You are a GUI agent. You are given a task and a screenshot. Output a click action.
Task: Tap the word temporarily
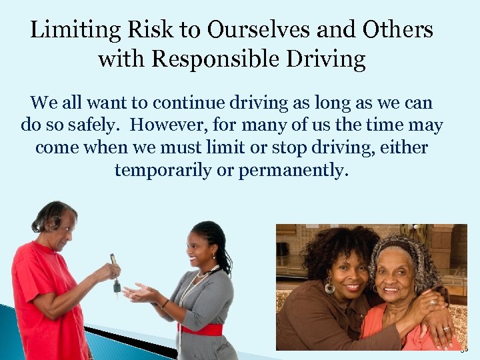[x=163, y=170]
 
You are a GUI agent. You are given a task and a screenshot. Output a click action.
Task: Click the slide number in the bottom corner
[x=465, y=347]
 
